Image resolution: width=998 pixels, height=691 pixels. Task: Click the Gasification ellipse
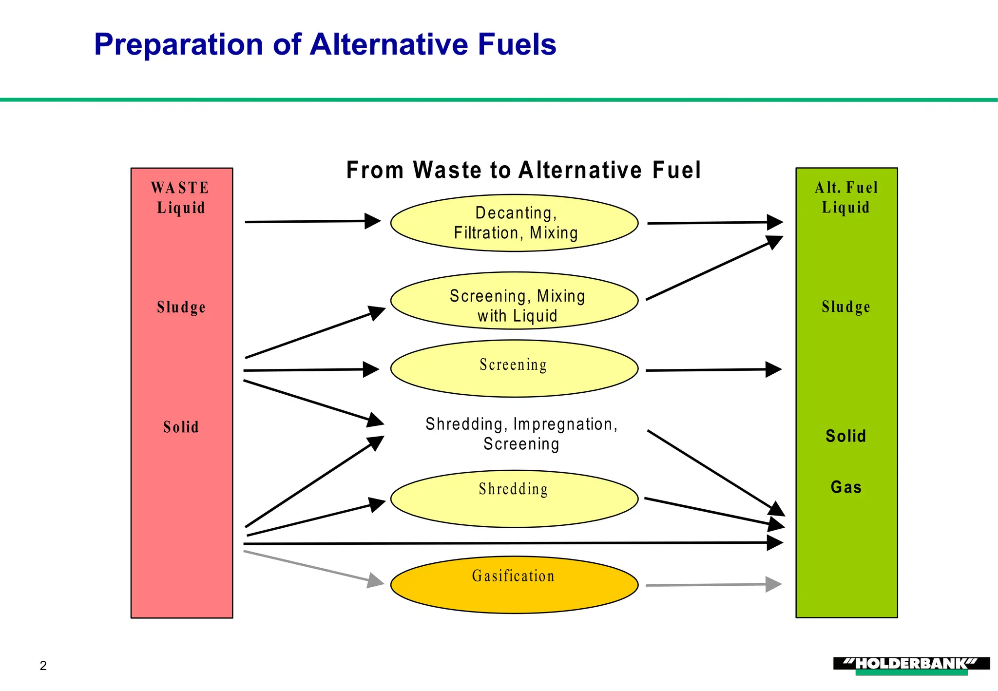pos(514,585)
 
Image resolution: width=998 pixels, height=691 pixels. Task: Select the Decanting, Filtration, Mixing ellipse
pos(514,223)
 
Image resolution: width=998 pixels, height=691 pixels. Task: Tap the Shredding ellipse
pos(514,499)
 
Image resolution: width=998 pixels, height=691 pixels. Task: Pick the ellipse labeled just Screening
pos(514,369)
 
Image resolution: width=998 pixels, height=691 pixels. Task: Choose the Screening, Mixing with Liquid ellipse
pos(514,301)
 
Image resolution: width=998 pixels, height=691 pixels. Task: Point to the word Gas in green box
pos(846,487)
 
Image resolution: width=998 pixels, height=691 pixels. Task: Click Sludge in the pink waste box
pos(181,307)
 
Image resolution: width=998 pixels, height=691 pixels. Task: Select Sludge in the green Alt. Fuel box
pos(846,307)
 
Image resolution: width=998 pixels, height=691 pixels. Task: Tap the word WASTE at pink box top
pos(180,188)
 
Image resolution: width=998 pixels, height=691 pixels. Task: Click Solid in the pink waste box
pos(181,427)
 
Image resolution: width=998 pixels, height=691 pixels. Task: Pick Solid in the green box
pos(846,436)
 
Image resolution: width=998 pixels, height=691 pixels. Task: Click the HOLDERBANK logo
pos(911,665)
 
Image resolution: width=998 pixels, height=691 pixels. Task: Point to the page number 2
pos(43,666)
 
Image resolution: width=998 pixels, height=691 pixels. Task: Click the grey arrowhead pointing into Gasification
pos(376,581)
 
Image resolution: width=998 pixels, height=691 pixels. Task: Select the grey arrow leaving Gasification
pos(713,585)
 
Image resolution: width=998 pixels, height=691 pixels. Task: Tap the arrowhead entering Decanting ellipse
pos(373,221)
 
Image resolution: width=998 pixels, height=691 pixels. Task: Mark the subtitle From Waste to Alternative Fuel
pos(523,171)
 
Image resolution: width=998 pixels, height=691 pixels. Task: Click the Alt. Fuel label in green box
pos(846,188)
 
